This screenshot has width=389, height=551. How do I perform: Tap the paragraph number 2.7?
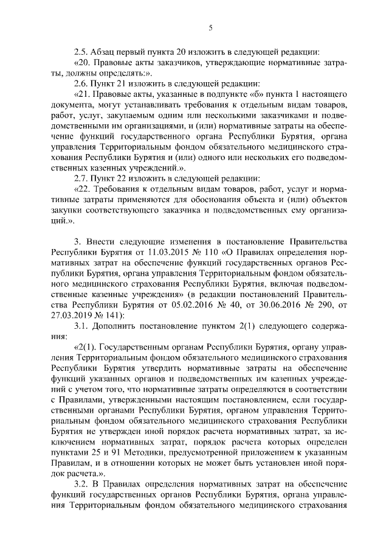(81, 178)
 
